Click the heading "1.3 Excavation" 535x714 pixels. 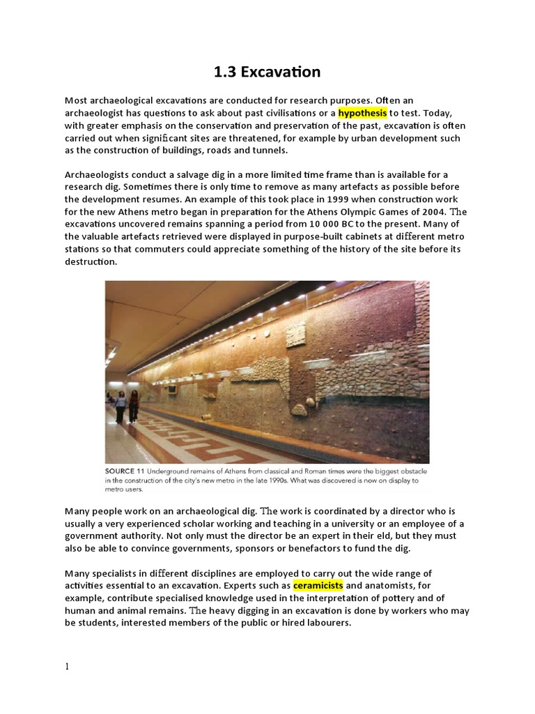pyautogui.click(x=267, y=72)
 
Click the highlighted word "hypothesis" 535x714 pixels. pyautogui.click(x=363, y=113)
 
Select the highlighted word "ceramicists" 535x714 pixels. pyautogui.click(x=318, y=585)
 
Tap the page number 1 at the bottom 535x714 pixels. pyautogui.click(x=67, y=667)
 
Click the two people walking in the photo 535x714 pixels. pyautogui.click(x=127, y=406)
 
